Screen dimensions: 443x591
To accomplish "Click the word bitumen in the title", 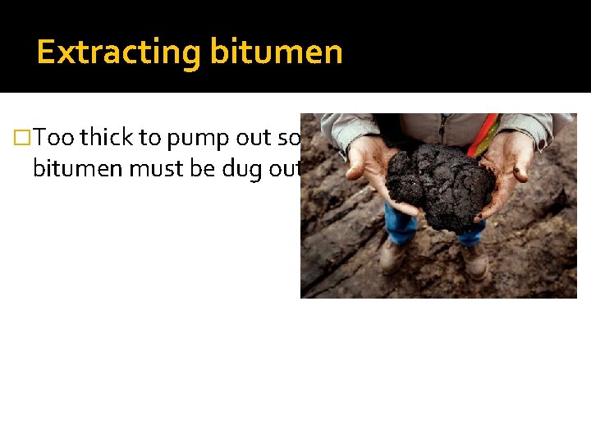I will pyautogui.click(x=276, y=53).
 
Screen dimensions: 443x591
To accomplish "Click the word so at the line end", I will pyautogui.click(x=293, y=138).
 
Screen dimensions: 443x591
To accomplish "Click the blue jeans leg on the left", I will pyautogui.click(x=401, y=223).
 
